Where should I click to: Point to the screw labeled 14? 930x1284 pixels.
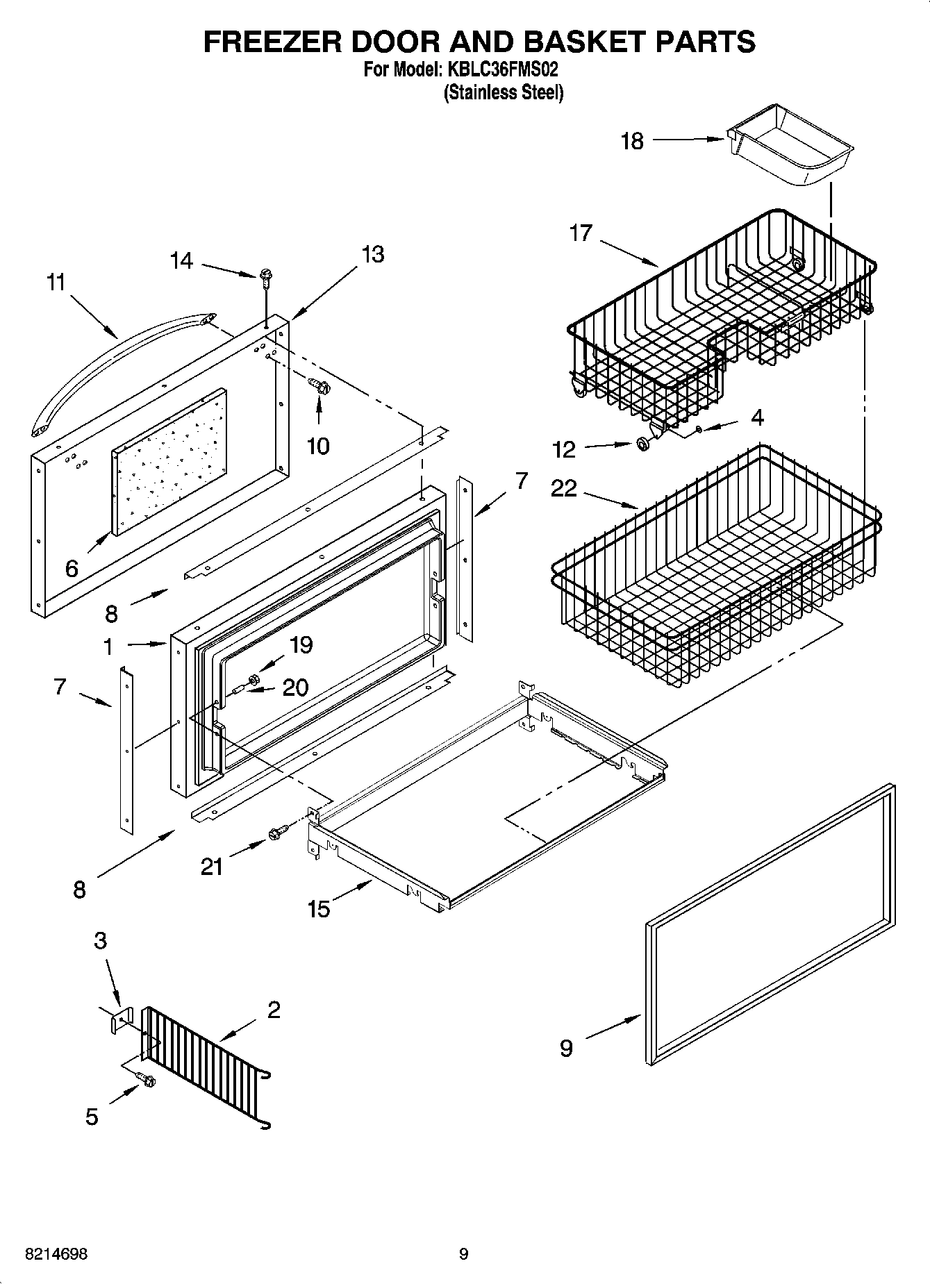[x=265, y=278]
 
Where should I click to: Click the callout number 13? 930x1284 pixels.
[x=373, y=254]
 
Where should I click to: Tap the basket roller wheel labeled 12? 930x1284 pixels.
[x=644, y=444]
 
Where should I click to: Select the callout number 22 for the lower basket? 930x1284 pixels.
[x=563, y=489]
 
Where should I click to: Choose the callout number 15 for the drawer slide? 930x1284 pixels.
[x=319, y=908]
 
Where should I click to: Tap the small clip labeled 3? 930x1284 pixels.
[x=120, y=1019]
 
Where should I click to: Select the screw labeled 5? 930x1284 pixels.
[x=148, y=1080]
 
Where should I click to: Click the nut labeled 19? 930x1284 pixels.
[x=254, y=678]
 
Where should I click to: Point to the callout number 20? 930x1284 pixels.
[x=296, y=687]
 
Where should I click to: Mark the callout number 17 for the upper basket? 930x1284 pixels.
[x=581, y=233]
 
